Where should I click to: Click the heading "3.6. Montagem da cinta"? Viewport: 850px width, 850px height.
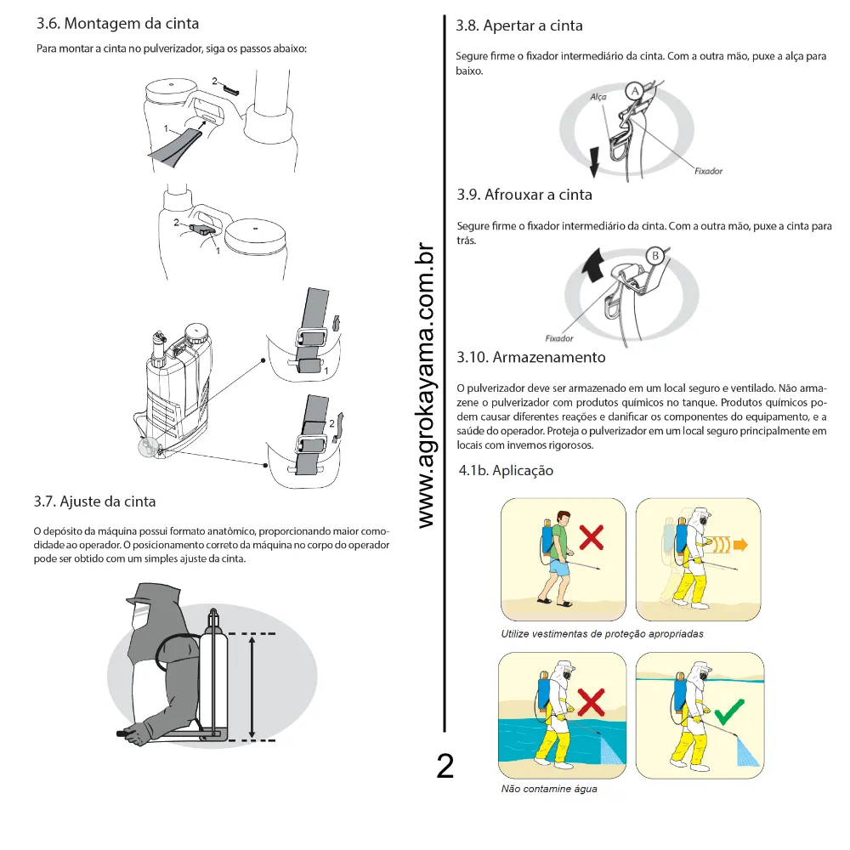[x=118, y=23]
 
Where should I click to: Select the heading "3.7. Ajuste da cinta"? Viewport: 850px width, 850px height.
[x=94, y=501]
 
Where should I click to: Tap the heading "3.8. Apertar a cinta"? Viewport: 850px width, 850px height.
[x=519, y=26]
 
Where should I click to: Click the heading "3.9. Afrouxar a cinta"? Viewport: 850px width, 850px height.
[x=524, y=195]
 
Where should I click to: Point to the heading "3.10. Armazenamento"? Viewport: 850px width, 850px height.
[x=531, y=356]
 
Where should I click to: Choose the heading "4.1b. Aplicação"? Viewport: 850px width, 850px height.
[x=506, y=470]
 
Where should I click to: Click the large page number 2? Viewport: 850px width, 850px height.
[x=445, y=766]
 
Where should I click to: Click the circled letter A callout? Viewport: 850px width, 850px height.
[x=633, y=89]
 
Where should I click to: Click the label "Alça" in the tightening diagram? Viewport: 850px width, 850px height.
[x=598, y=98]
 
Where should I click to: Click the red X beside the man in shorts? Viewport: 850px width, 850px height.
[x=592, y=538]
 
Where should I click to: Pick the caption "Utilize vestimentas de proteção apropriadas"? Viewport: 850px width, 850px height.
[x=602, y=634]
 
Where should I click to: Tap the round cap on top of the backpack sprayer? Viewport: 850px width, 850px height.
[x=197, y=330]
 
